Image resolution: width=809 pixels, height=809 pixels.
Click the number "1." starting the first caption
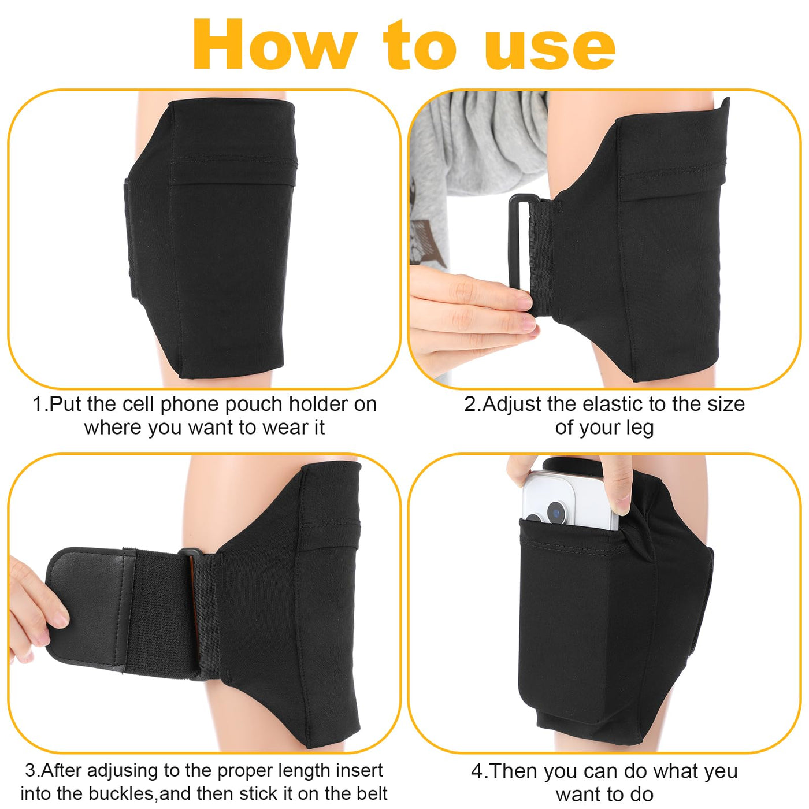[x=40, y=404]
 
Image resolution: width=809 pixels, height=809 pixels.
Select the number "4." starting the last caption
[x=479, y=771]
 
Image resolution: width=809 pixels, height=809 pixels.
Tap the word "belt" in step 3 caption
[x=371, y=793]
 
